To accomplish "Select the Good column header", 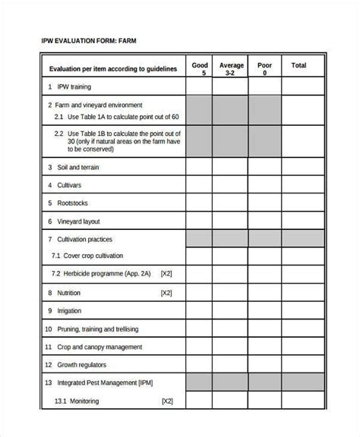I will pyautogui.click(x=199, y=69).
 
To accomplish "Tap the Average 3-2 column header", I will pyautogui.click(x=232, y=69).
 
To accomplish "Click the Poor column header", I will pyautogui.click(x=264, y=69).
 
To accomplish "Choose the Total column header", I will pyautogui.click(x=299, y=66).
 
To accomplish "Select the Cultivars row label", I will pyautogui.click(x=69, y=185).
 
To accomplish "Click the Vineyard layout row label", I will pyautogui.click(x=78, y=222).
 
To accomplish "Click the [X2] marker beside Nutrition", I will pyautogui.click(x=166, y=292).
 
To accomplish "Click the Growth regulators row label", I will pyautogui.click(x=84, y=365).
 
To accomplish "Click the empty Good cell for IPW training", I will pyautogui.click(x=199, y=87).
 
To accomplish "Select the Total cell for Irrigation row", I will pyautogui.click(x=299, y=310).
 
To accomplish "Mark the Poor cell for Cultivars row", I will pyautogui.click(x=264, y=185).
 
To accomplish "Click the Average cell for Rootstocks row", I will pyautogui.click(x=232, y=203).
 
